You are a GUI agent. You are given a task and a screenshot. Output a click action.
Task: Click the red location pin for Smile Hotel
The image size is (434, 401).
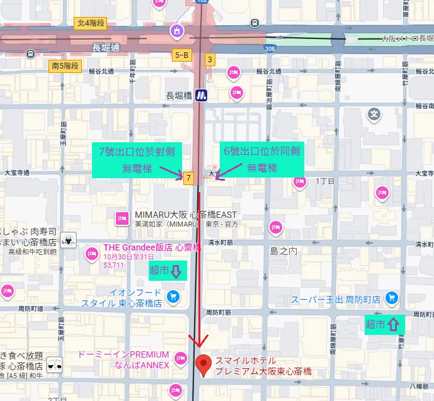point(203,364)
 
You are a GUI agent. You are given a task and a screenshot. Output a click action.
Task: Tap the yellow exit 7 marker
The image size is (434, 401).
point(188,178)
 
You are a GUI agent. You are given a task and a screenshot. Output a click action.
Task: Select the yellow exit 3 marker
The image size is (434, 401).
point(210,60)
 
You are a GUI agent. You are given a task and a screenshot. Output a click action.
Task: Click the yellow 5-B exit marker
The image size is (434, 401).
point(181,55)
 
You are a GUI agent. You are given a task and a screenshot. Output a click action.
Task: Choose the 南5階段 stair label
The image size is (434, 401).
point(65,65)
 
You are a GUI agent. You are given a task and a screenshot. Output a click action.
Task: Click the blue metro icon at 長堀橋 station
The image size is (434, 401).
point(201,95)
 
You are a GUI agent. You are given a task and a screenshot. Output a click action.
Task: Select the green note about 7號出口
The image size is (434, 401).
point(137,160)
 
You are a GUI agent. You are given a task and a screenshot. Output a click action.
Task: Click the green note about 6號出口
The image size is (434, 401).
point(261,160)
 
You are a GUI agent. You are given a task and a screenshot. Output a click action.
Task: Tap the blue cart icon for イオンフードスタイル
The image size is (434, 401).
point(173,296)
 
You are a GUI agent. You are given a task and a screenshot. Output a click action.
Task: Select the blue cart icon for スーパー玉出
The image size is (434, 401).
point(392,297)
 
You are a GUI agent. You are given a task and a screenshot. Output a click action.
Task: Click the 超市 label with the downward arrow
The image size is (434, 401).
point(166,271)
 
